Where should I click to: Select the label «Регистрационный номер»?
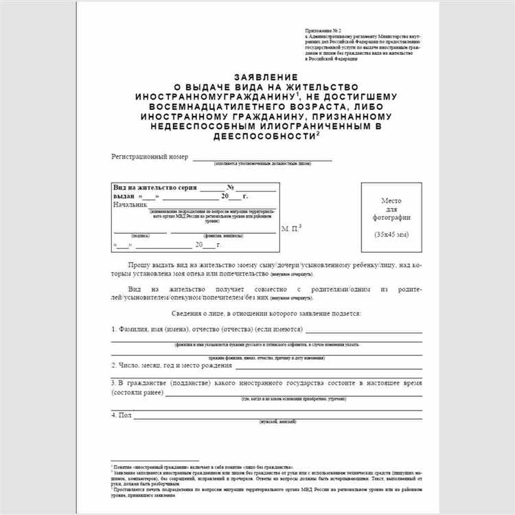(150, 157)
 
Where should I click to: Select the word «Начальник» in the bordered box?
(130, 204)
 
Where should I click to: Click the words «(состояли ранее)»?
(137, 391)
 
